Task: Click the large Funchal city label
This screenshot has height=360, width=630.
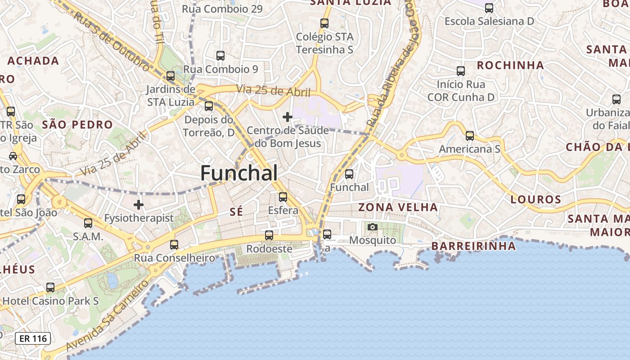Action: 238,173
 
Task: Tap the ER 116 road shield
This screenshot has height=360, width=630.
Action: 33,338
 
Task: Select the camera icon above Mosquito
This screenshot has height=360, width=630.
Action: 372,227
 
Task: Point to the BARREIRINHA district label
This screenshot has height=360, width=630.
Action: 473,246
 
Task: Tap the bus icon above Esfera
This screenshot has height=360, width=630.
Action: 283,197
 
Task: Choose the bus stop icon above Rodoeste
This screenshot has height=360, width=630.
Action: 269,235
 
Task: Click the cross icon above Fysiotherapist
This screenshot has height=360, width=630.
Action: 139,205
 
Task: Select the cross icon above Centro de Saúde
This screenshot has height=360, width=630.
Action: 288,117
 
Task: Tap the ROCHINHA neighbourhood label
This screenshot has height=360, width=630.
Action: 510,65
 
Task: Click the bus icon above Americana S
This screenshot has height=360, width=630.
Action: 469,135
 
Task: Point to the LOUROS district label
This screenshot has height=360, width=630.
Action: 535,199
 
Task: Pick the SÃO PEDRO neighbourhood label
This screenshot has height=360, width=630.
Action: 77,125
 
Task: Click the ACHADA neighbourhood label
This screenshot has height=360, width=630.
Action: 33,60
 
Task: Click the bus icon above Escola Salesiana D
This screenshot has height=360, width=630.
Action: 489,8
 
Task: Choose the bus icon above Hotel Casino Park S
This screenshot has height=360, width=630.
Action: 50,287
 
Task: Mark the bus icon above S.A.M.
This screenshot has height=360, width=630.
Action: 88,223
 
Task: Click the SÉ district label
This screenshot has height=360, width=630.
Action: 236,211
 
